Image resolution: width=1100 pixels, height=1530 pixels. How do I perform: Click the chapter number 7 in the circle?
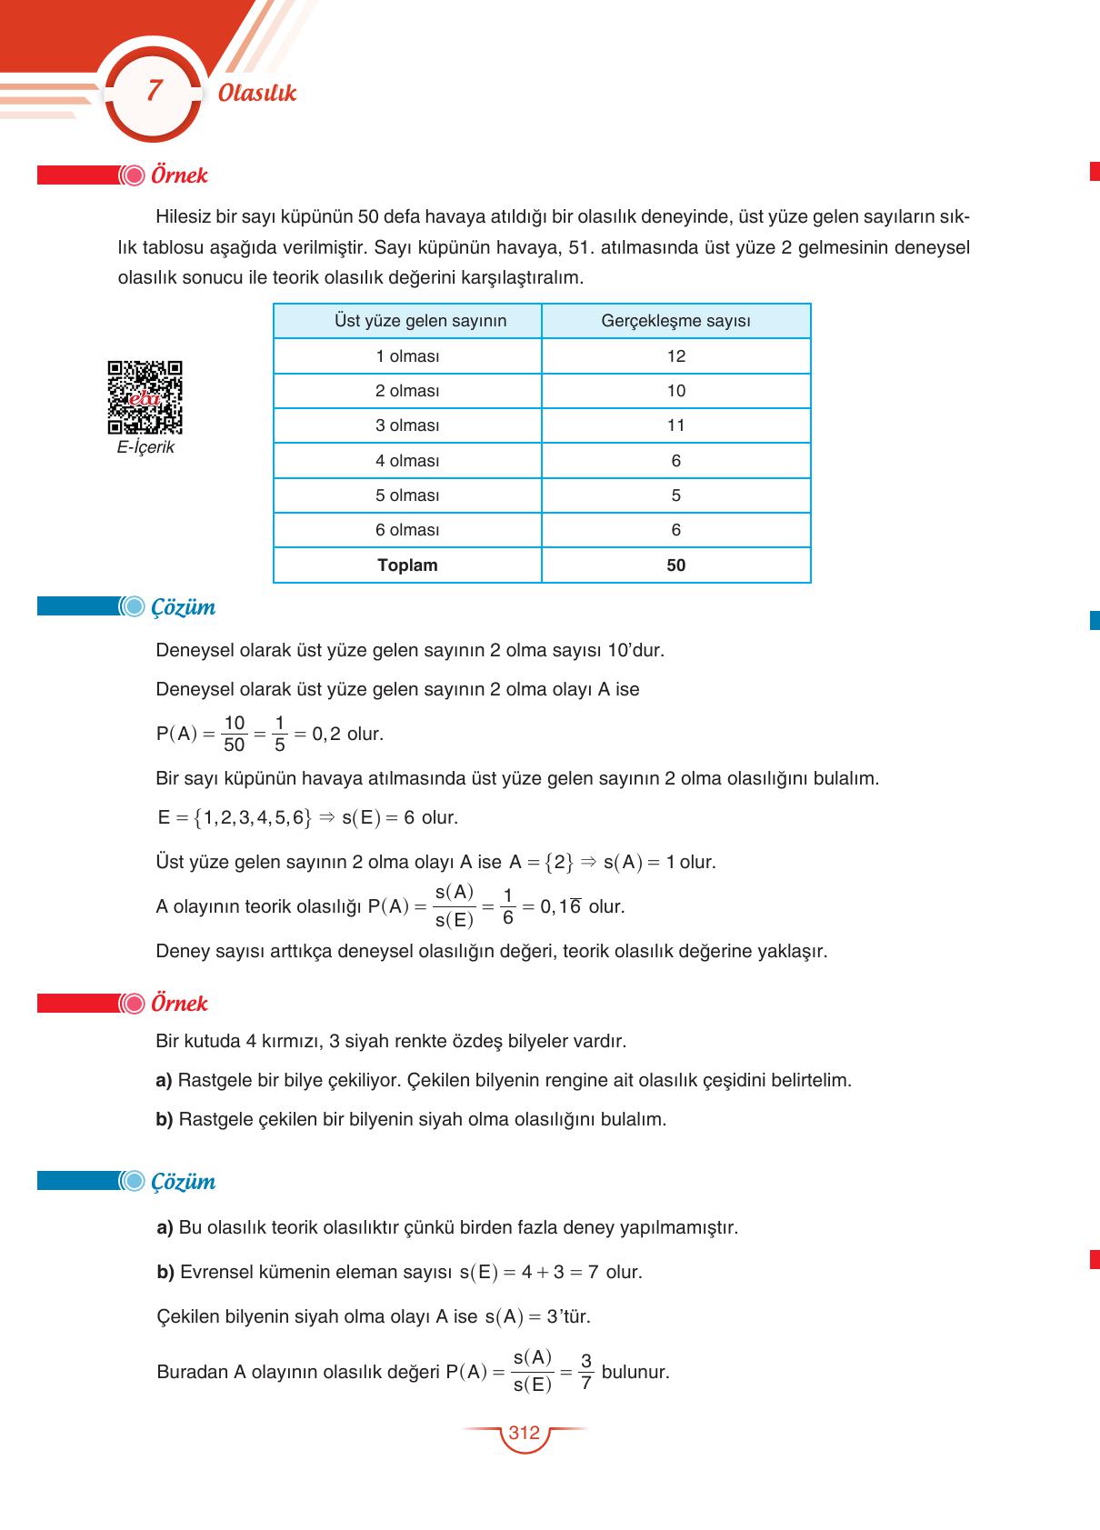click(x=154, y=91)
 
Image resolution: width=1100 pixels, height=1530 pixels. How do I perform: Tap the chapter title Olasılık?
click(x=257, y=93)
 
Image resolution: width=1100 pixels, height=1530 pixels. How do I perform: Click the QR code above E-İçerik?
click(x=145, y=397)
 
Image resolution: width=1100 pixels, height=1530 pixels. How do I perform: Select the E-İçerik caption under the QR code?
click(x=145, y=447)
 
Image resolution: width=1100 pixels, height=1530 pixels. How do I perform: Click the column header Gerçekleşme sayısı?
click(x=675, y=321)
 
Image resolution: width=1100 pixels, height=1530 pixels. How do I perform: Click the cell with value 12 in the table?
click(x=675, y=356)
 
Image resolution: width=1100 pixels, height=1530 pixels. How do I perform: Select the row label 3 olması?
click(x=407, y=425)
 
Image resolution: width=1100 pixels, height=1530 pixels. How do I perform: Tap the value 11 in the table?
click(x=675, y=425)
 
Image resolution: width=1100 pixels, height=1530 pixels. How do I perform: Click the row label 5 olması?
click(x=407, y=495)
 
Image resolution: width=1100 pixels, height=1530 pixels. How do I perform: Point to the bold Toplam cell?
click(x=407, y=565)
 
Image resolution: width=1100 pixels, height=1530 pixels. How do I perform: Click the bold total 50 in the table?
click(x=675, y=565)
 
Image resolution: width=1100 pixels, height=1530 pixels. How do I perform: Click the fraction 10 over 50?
click(x=234, y=734)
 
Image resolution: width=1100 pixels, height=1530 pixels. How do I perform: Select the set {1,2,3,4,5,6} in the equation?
click(x=252, y=817)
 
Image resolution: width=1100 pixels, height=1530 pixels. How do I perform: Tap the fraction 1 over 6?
click(x=507, y=906)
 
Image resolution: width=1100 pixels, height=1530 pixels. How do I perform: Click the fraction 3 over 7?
click(x=585, y=1372)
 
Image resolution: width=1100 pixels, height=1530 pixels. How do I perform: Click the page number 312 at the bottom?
click(x=525, y=1434)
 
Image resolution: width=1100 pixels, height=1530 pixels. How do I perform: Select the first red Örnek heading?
click(x=179, y=175)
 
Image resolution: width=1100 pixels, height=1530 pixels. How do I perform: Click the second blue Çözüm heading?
click(x=183, y=1182)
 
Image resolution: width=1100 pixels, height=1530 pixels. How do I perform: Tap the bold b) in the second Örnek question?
click(x=165, y=1119)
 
